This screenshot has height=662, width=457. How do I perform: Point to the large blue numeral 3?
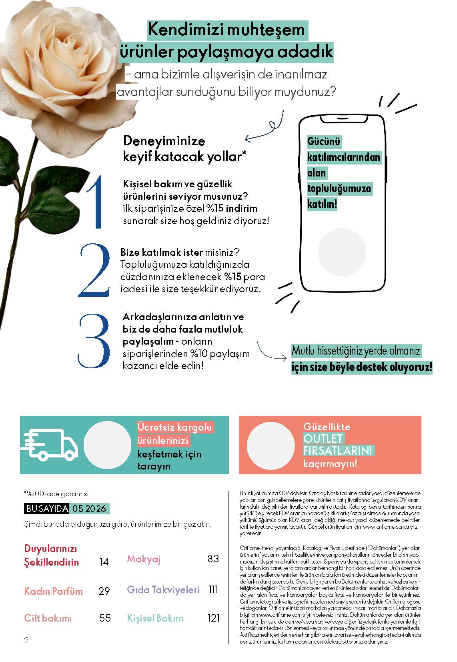[94, 341]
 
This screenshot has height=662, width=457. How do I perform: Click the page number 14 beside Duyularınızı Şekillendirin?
[104, 562]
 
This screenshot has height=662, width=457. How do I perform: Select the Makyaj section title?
[144, 559]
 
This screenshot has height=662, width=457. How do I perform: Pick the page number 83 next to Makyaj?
[213, 558]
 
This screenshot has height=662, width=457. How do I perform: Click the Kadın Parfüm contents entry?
[53, 591]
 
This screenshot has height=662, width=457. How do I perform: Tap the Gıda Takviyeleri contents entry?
[163, 590]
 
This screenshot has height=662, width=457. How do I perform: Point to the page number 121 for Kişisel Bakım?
[214, 618]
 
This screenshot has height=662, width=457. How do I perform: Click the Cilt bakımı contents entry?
[48, 618]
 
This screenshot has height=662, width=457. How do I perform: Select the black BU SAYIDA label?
[46, 509]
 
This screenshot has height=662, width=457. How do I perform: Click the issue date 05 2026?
[89, 509]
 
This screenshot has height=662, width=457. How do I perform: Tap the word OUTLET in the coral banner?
[323, 439]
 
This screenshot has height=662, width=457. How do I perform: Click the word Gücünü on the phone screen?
[324, 142]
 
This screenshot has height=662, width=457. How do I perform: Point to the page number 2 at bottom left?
[26, 640]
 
